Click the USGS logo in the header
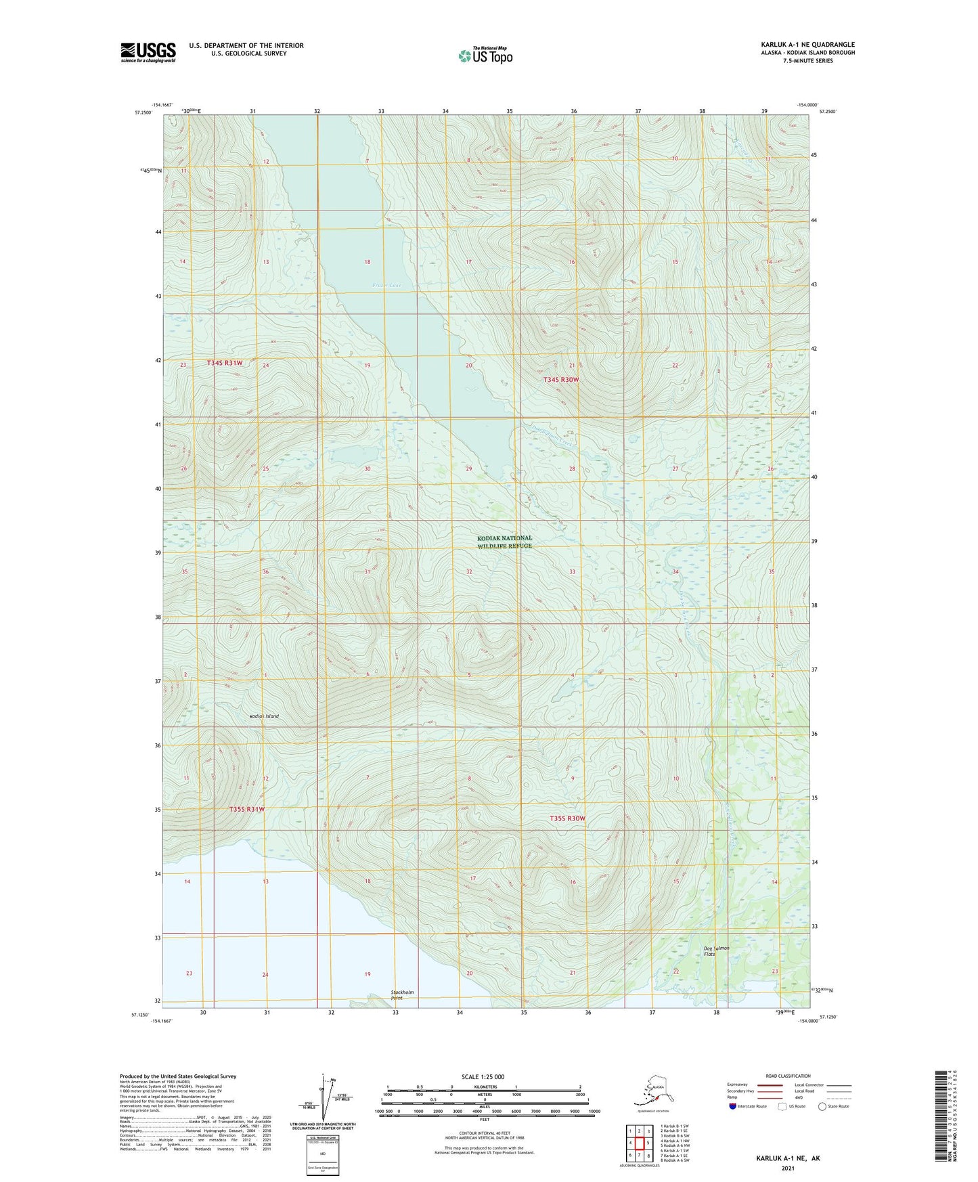[148, 52]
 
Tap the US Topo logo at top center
[485, 55]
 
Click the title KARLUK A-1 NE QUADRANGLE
[807, 45]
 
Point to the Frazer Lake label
[387, 285]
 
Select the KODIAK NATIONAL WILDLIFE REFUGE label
[504, 542]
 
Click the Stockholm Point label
[402, 994]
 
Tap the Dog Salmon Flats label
[716, 950]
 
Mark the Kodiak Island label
[264, 716]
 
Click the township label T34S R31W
[224, 364]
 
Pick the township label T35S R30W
[567, 818]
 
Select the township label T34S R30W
[561, 380]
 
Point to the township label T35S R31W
[246, 809]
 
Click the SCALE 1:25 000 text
[483, 1076]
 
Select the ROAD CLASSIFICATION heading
[788, 1076]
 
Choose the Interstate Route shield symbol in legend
[733, 1106]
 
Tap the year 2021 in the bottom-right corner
[788, 1168]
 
